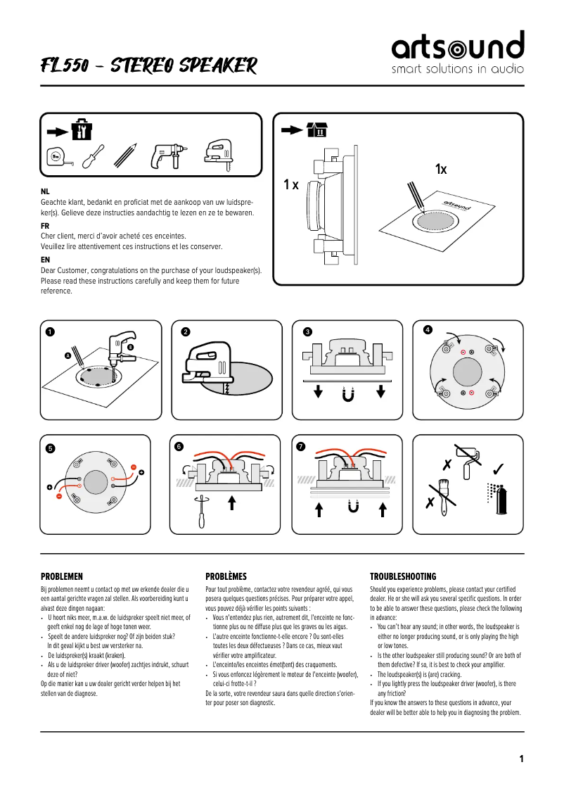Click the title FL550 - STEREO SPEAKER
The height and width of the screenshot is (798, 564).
(x=148, y=66)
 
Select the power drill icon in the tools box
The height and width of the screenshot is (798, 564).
(x=165, y=156)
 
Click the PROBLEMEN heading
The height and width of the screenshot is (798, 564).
(x=62, y=576)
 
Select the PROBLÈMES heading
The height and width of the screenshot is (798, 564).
(x=226, y=576)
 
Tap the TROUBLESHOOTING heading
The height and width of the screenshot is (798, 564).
(x=403, y=576)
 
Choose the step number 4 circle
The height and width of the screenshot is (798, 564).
(x=428, y=329)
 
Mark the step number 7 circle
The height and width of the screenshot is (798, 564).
(x=301, y=447)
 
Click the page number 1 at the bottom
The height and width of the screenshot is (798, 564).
(x=521, y=759)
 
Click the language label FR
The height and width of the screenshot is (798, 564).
(x=45, y=225)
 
